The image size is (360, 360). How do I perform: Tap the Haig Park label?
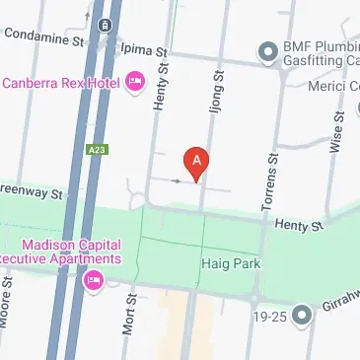point(228,264)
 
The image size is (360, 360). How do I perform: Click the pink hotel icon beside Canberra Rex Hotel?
point(135,81)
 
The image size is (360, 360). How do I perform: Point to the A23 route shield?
point(95,149)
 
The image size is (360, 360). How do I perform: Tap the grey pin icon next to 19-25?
point(302,315)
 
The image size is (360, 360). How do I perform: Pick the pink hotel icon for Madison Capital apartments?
point(94,281)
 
